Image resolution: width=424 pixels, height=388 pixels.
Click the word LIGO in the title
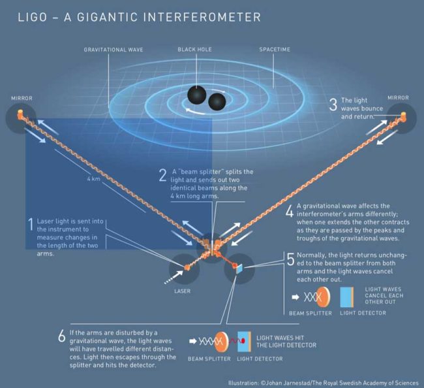click(33, 17)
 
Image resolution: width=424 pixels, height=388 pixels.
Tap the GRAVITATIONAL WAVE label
click(114, 50)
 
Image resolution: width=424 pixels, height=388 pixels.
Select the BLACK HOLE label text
click(194, 50)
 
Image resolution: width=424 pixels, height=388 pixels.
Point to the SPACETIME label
click(275, 50)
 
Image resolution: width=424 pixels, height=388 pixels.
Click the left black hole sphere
click(197, 95)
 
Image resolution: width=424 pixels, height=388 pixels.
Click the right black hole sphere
click(217, 102)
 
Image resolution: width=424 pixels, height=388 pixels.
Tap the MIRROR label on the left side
click(22, 98)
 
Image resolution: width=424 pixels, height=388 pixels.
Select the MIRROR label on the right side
click(399, 97)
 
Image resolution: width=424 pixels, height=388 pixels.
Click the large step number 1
click(31, 225)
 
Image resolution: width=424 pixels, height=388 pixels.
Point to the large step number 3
click(333, 105)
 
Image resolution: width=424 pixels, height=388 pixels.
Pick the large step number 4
click(290, 210)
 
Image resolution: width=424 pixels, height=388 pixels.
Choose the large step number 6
click(62, 336)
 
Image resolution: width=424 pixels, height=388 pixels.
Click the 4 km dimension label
click(93, 179)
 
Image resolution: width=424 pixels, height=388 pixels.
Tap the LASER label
click(182, 291)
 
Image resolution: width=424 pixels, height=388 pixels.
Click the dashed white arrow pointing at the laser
click(174, 277)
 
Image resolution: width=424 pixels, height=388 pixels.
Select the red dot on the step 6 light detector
click(243, 340)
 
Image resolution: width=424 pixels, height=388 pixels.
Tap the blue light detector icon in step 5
click(347, 297)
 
